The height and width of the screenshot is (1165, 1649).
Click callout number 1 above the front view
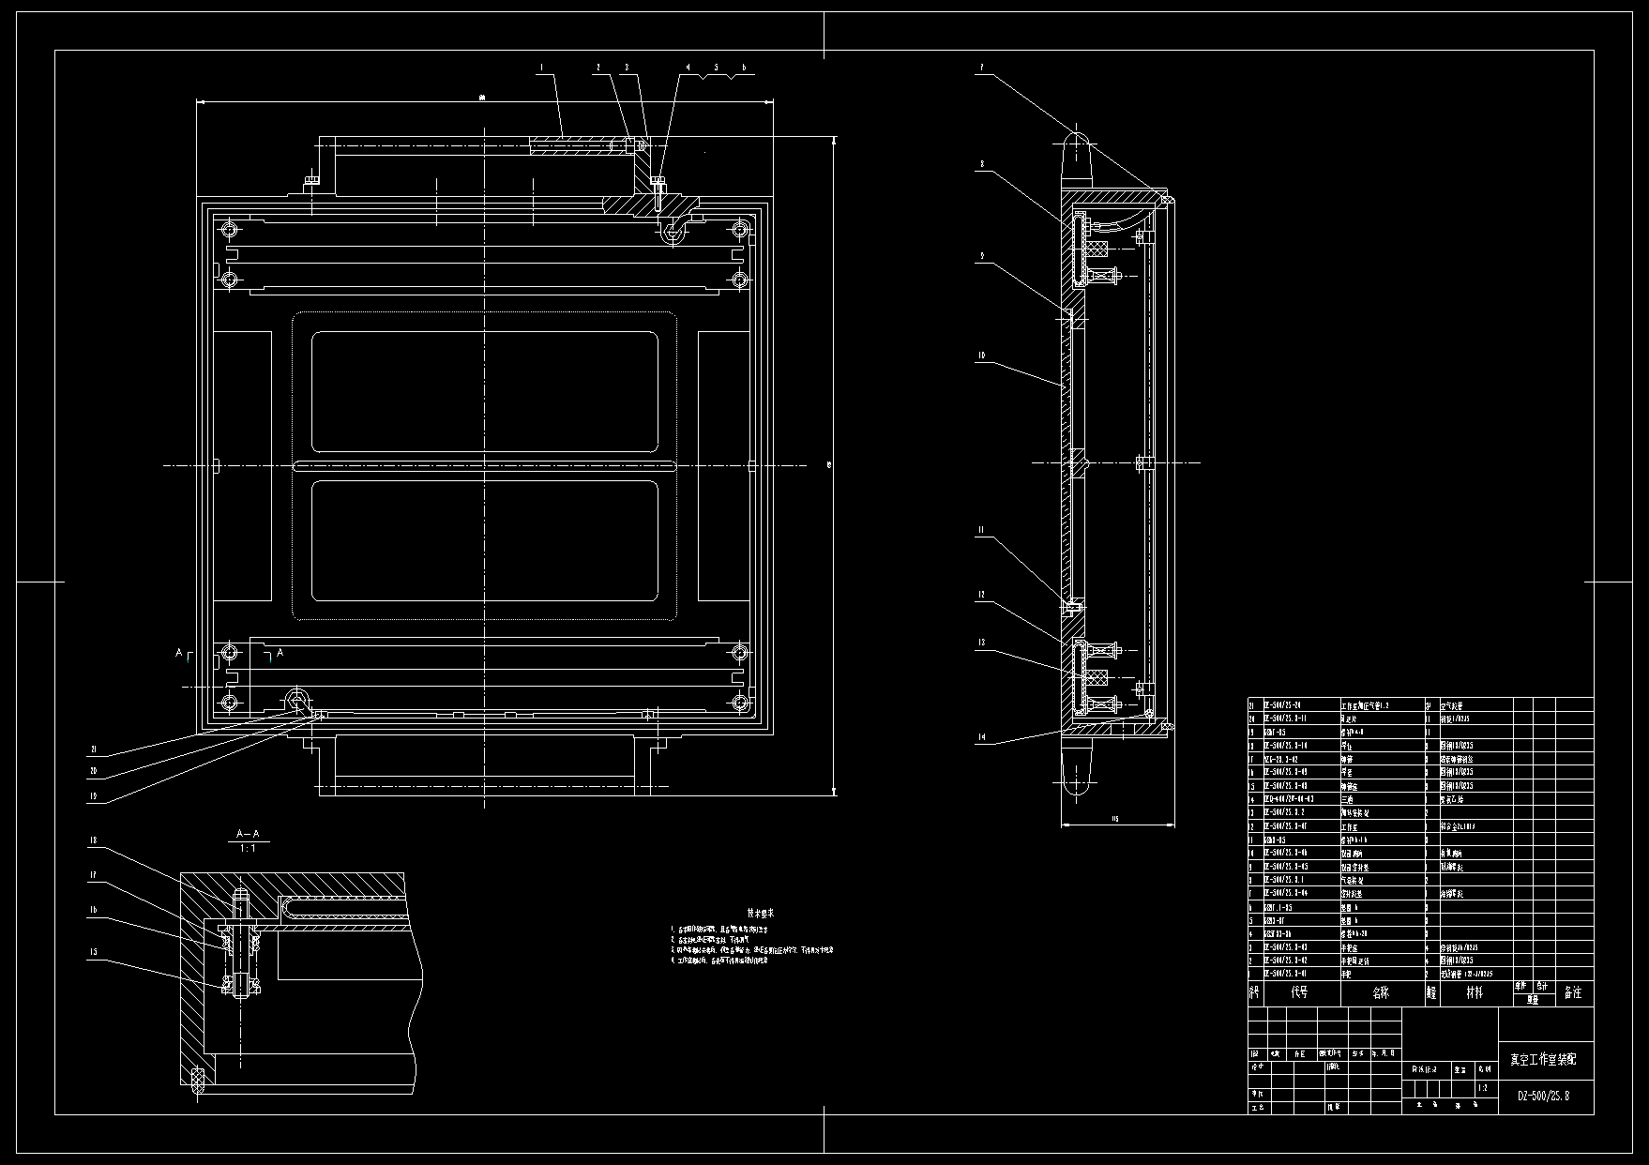pos(541,68)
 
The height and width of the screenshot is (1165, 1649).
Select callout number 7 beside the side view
pos(981,68)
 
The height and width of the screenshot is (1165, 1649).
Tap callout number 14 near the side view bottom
pos(981,738)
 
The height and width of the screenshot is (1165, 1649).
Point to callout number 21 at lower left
pos(94,749)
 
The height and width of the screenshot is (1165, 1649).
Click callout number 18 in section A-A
pos(94,840)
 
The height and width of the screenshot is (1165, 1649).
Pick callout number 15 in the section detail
pos(94,952)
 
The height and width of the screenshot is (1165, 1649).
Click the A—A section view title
pos(248,834)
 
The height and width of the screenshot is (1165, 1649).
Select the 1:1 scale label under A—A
pos(248,848)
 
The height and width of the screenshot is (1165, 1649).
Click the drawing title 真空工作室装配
pos(1543,1059)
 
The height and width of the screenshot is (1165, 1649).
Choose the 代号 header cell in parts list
pos(1299,992)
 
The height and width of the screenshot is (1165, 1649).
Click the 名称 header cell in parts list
pos(1381,992)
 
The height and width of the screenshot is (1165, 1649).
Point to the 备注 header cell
pos(1573,992)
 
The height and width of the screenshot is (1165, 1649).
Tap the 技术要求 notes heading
pos(760,913)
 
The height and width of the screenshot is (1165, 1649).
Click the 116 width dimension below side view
pos(1115,819)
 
